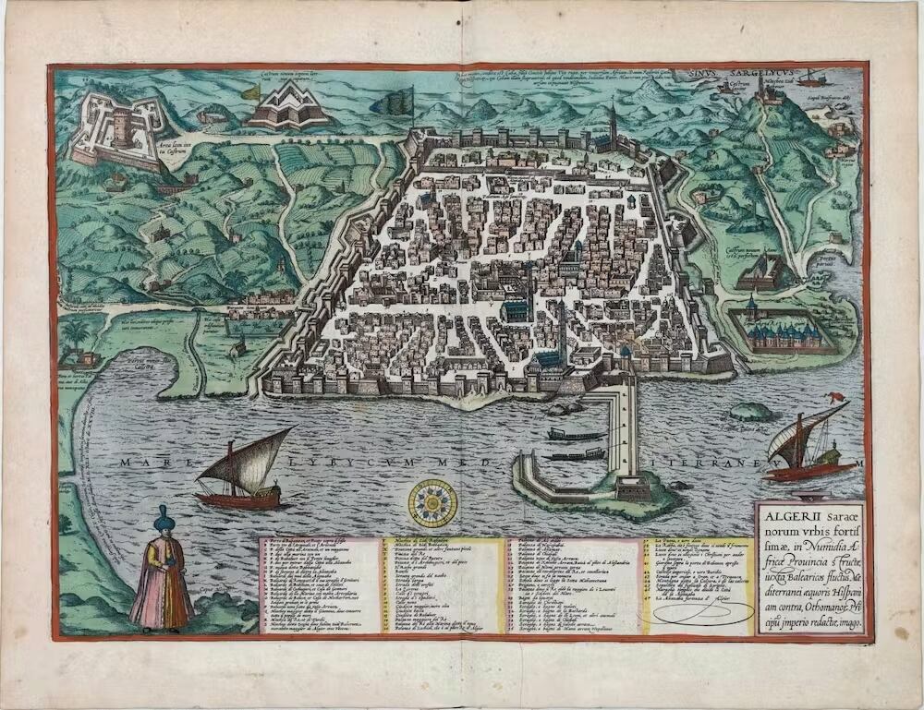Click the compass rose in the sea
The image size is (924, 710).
[433, 504]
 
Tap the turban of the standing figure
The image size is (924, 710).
[164, 519]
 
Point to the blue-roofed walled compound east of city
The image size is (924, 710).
[781, 329]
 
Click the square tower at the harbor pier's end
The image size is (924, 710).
[632, 486]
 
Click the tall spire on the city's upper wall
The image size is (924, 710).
[612, 120]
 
